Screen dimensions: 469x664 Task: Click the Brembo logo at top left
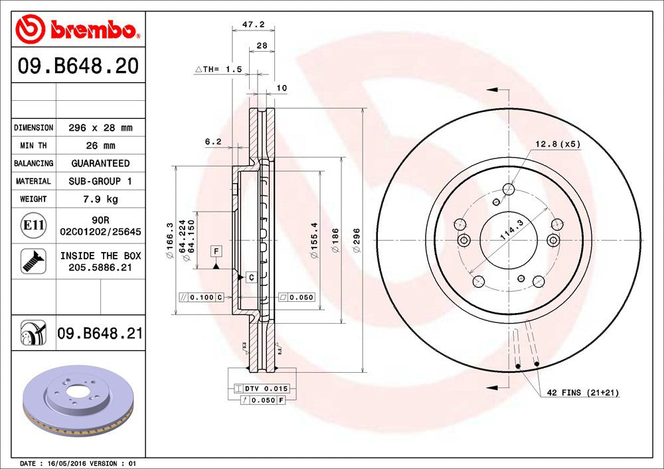78,30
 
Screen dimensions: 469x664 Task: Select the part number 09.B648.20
78,66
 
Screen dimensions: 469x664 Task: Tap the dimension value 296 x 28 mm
100,127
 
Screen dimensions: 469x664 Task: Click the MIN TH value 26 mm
100,145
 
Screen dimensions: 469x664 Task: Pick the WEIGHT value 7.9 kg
100,198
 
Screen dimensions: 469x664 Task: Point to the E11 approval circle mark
33,226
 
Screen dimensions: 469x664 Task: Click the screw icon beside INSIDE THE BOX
33,261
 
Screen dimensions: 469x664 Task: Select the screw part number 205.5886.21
100,267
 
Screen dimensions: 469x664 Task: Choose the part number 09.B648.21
100,333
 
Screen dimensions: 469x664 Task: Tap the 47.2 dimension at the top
253,25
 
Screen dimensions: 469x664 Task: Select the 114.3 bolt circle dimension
510,229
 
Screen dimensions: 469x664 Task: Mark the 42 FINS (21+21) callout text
582,393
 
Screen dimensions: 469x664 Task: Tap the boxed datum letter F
216,251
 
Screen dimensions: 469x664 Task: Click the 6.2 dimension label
212,141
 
